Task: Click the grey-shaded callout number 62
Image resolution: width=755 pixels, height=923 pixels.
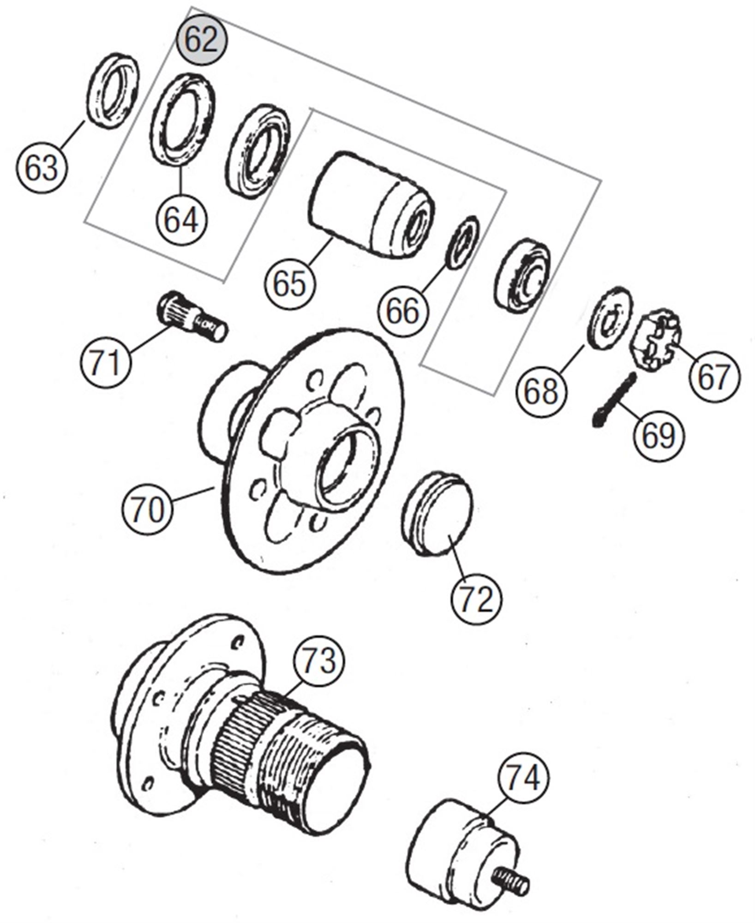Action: [202, 40]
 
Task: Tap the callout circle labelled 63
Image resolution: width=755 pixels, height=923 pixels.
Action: [42, 168]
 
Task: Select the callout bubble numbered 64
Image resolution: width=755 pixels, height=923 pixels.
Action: [181, 220]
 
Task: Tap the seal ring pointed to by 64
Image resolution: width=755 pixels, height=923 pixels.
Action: [182, 119]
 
